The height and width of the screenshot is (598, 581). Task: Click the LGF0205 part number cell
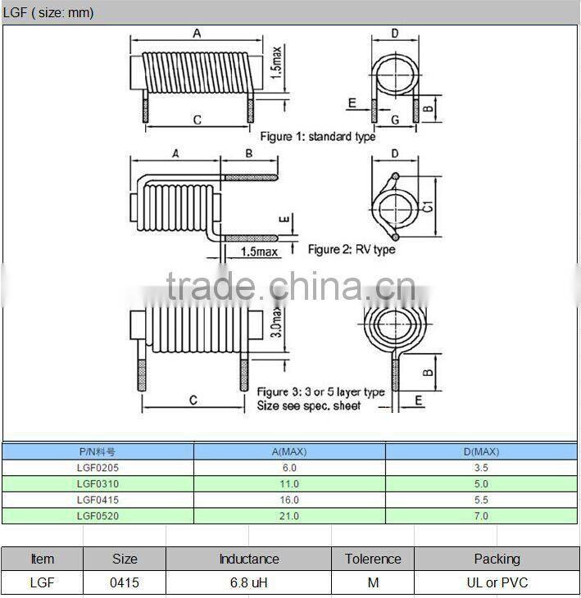[97, 468]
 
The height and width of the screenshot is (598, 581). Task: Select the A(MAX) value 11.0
[289, 484]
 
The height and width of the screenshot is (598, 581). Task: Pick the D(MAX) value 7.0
[481, 516]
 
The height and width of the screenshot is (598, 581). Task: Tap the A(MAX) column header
[289, 451]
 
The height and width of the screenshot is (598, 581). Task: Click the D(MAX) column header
[481, 451]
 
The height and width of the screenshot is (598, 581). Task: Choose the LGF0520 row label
[97, 516]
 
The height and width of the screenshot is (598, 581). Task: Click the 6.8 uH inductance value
[248, 583]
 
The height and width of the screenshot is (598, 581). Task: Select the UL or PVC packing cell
[497, 583]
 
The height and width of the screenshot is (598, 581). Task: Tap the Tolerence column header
[373, 559]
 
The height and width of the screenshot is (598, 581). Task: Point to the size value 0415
[124, 583]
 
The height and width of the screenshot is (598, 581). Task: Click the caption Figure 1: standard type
[318, 137]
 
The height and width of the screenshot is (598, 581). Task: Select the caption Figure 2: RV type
[351, 249]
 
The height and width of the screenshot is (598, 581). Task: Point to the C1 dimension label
[428, 209]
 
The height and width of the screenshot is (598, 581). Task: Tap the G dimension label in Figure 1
[394, 120]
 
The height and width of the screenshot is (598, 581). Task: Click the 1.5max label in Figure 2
[260, 251]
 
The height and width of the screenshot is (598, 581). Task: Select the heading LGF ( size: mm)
[48, 12]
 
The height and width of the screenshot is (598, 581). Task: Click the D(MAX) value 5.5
[481, 500]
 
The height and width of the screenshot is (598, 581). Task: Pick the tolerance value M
[373, 583]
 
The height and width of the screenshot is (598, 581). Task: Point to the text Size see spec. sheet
[308, 406]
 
